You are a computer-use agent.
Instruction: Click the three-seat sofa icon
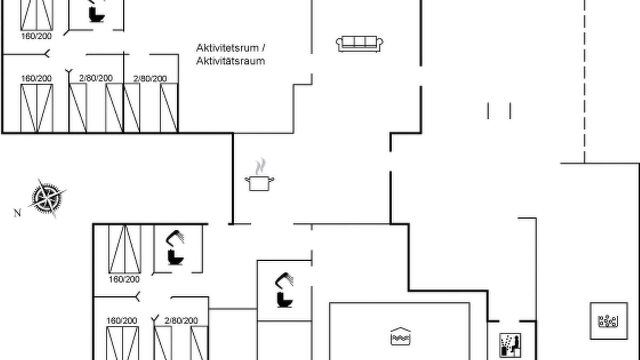pyautogui.click(x=359, y=44)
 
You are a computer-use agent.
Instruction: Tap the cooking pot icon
pyautogui.click(x=259, y=183)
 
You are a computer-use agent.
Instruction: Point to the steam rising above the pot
pyautogui.click(x=260, y=166)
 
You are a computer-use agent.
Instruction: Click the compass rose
pyautogui.click(x=47, y=198)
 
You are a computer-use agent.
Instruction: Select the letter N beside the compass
pyautogui.click(x=17, y=213)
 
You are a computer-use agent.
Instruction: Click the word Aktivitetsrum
pyautogui.click(x=227, y=48)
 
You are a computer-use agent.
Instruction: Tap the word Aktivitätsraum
pyautogui.click(x=231, y=61)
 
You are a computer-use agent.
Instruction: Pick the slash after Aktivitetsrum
pyautogui.click(x=263, y=48)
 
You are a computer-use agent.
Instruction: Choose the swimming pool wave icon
pyautogui.click(x=400, y=336)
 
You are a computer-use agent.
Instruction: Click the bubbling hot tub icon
pyautogui.click(x=609, y=321)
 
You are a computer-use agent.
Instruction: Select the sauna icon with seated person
pyautogui.click(x=510, y=345)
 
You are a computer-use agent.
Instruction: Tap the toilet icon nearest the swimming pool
pyautogui.click(x=285, y=299)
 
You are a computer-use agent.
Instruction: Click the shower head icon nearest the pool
pyautogui.click(x=284, y=280)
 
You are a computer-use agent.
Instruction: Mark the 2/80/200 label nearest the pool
pyautogui.click(x=181, y=321)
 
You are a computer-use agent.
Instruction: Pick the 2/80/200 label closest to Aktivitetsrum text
pyautogui.click(x=150, y=78)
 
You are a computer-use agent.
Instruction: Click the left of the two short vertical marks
pyautogui.click(x=488, y=111)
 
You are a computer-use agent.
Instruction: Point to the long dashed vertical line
pyautogui.click(x=584, y=81)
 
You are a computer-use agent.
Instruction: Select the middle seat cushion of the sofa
pyautogui.click(x=359, y=41)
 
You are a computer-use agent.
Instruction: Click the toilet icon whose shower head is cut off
pyautogui.click(x=97, y=15)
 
